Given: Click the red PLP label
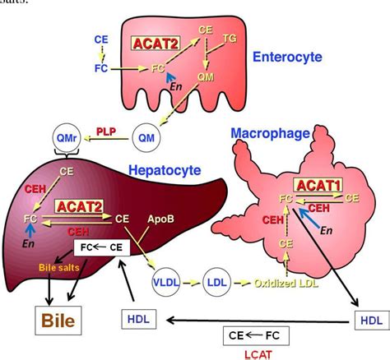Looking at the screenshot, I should coord(105,131).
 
